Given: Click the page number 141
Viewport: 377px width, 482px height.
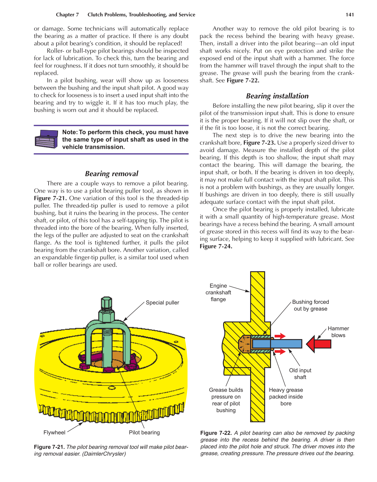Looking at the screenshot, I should (350, 15).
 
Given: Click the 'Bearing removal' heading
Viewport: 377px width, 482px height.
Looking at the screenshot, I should (112, 174).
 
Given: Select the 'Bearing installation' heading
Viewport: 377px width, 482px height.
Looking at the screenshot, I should (277, 96).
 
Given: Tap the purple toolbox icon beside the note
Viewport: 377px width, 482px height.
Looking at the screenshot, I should (46, 139).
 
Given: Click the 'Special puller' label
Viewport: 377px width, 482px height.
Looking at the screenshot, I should (162, 303).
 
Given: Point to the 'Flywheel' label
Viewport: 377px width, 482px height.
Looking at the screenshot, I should (54, 432).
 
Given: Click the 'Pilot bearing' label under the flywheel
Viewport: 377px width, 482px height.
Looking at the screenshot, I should (144, 432).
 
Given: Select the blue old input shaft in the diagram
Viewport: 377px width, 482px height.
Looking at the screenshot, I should (277, 344).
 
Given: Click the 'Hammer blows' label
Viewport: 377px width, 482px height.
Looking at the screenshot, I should (338, 332).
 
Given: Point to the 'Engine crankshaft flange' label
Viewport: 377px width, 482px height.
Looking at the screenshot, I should (218, 292).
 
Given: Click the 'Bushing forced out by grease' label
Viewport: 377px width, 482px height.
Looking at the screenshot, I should (310, 305).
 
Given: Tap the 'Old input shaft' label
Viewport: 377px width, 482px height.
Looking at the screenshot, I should (300, 374).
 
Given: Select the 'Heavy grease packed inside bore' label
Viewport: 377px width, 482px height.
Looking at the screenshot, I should (286, 396).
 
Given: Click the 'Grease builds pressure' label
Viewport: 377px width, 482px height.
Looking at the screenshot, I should (226, 400).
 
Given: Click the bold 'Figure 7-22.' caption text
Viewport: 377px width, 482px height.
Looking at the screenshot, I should (216, 433).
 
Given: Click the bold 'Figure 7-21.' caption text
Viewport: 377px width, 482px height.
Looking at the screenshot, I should (49, 447).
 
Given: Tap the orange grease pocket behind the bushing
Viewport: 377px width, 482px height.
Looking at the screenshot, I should (244, 344).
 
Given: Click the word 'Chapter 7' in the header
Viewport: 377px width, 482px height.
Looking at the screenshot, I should (67, 15).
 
